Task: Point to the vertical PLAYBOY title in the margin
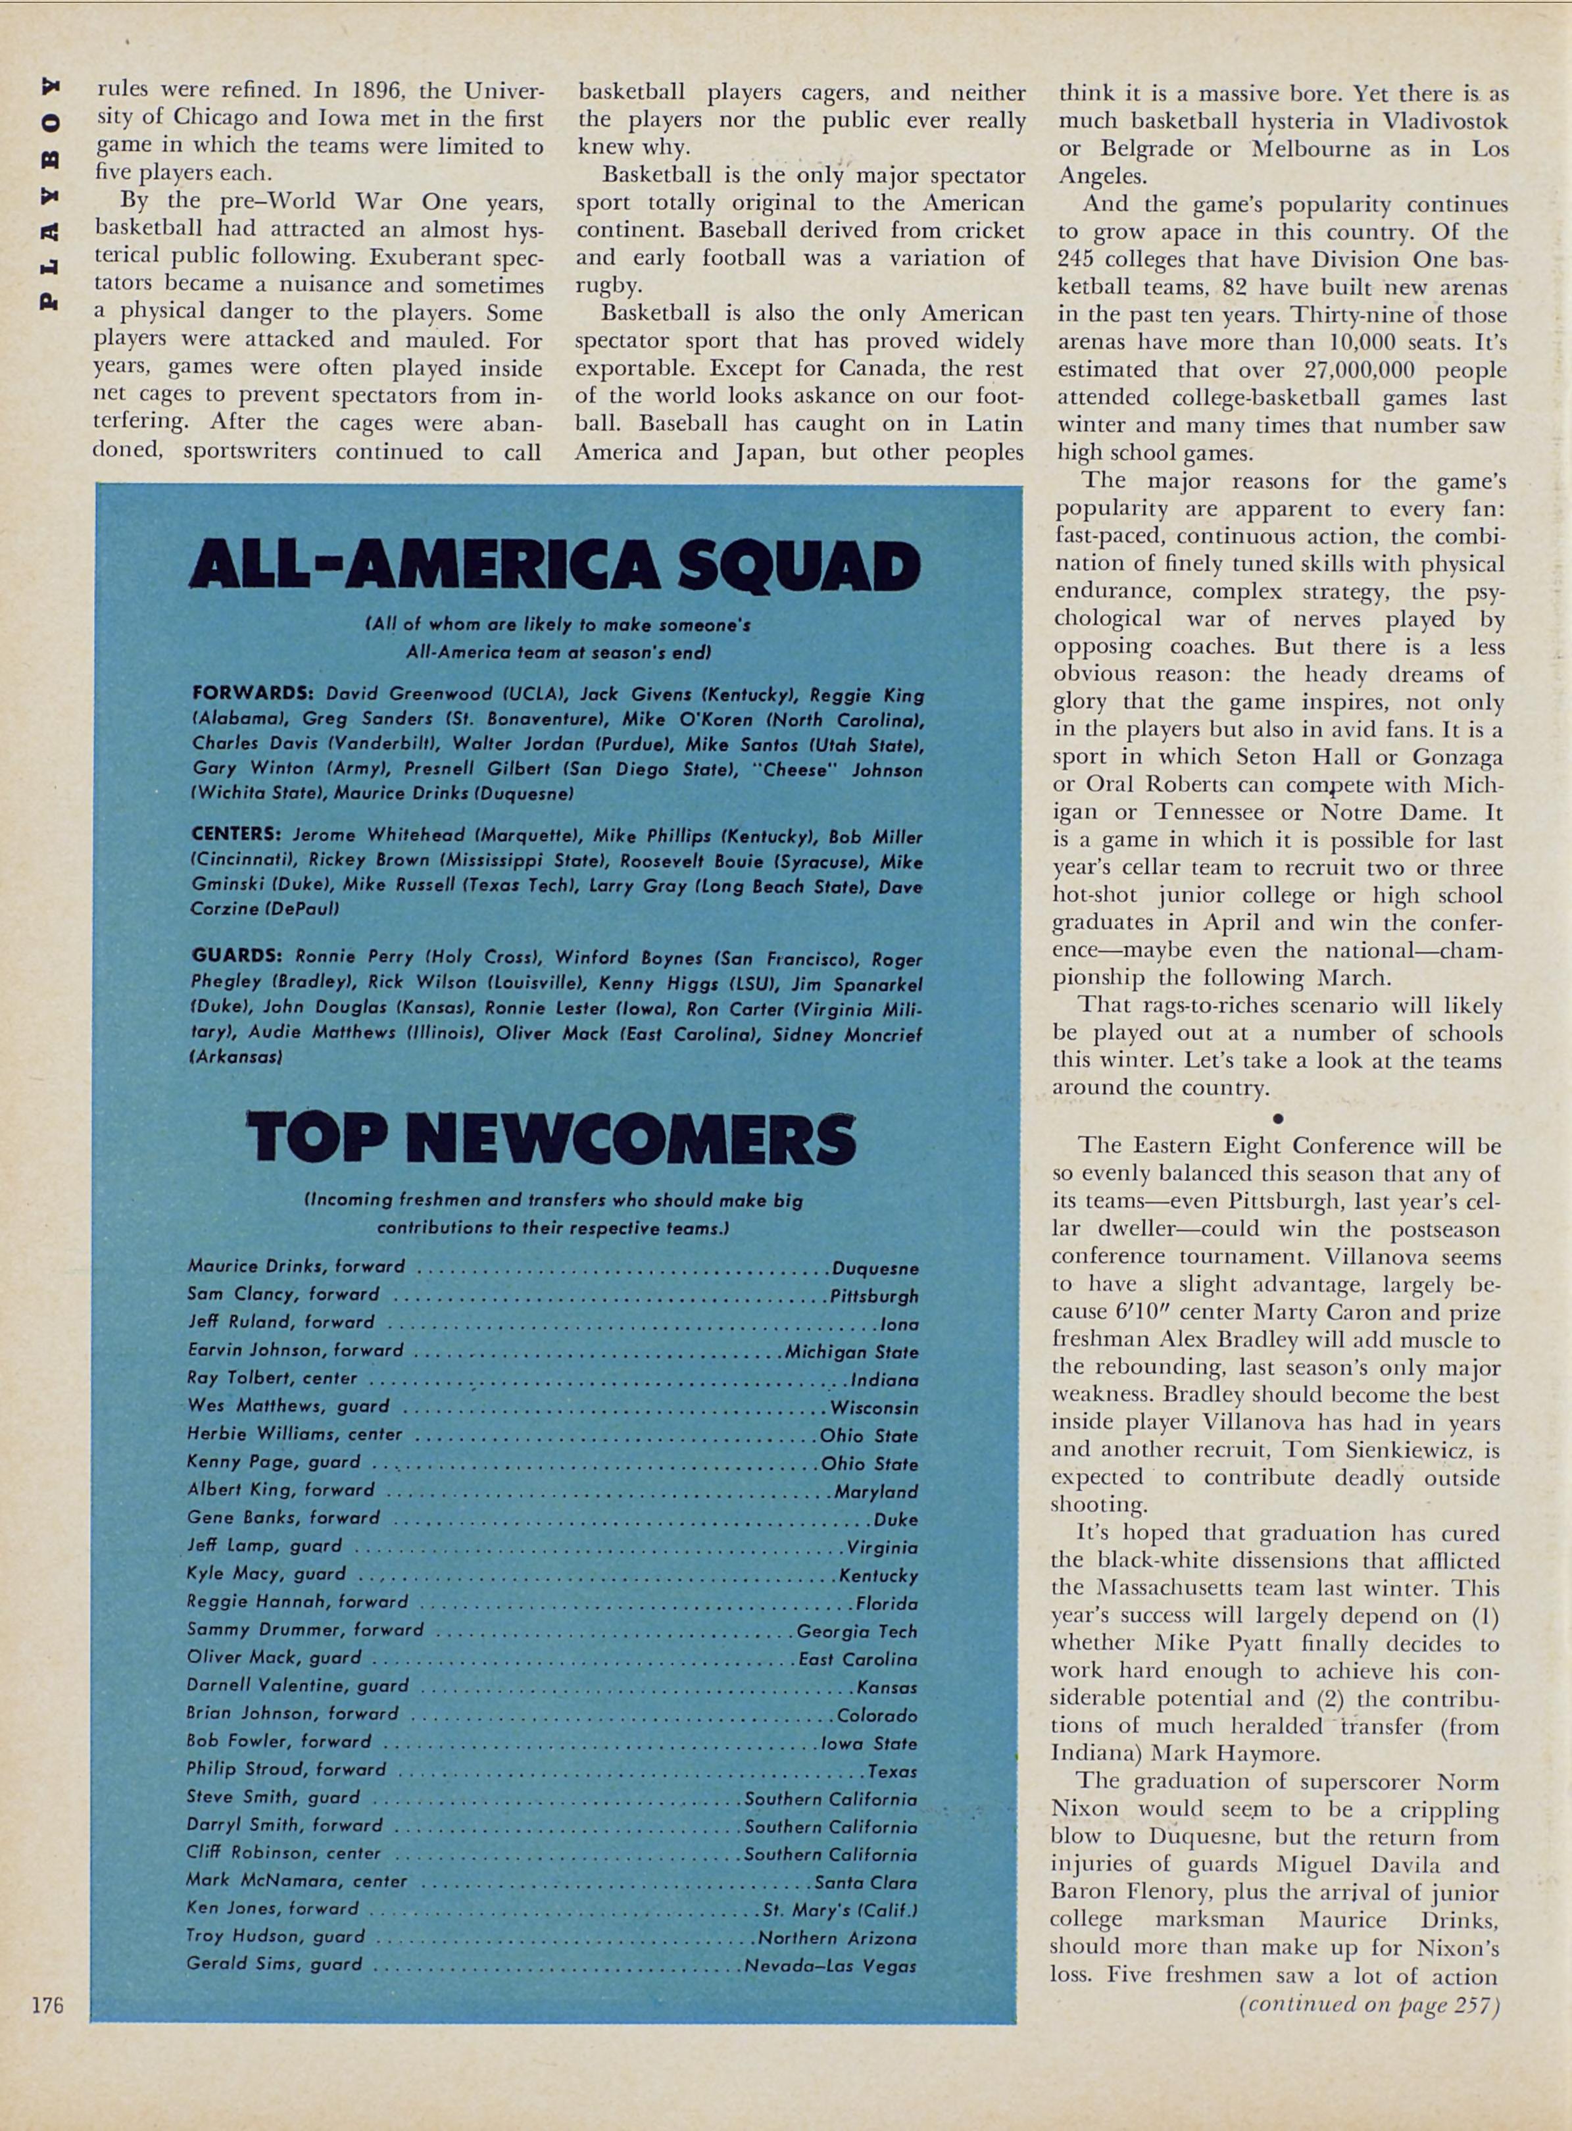pyautogui.click(x=49, y=190)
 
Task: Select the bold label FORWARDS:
pyautogui.click(x=253, y=694)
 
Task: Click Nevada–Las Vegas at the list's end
pyautogui.click(x=830, y=1965)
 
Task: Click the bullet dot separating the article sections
pyautogui.click(x=1278, y=1116)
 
